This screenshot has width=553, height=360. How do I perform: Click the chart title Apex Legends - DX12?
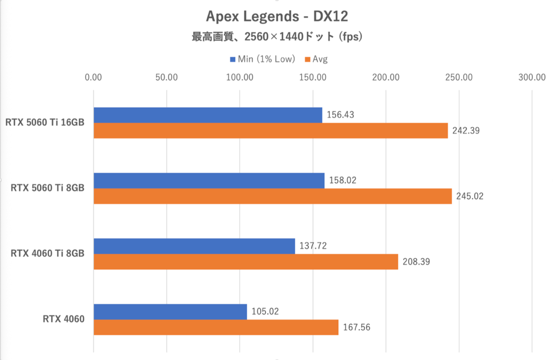click(276, 17)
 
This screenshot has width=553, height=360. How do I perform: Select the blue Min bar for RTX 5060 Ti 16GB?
click(208, 115)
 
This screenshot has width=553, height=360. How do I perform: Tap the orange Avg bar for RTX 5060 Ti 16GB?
click(271, 130)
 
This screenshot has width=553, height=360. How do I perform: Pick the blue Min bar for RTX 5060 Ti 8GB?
click(209, 181)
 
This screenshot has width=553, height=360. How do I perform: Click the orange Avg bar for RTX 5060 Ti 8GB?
click(272, 196)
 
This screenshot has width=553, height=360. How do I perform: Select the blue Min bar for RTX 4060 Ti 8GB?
click(194, 246)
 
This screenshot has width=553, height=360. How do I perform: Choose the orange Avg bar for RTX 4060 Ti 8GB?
click(246, 261)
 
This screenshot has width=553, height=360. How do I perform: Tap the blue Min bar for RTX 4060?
click(170, 312)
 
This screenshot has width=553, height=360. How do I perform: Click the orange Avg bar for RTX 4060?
click(216, 327)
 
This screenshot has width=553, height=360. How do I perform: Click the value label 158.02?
click(343, 180)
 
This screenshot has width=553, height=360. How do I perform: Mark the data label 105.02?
click(265, 312)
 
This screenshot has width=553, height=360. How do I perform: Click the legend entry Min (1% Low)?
click(262, 59)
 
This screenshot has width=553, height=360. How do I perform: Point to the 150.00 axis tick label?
click(313, 77)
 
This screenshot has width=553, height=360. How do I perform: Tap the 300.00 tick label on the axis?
click(532, 77)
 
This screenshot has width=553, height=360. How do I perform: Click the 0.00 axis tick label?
click(94, 77)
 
